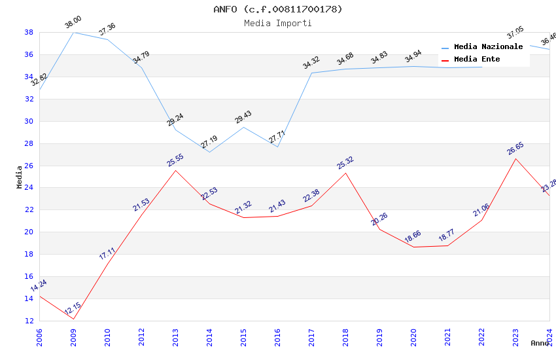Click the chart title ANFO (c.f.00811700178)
tap(278, 9)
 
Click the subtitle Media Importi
tap(278, 23)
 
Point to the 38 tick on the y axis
tap(29, 32)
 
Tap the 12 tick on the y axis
tap(29, 321)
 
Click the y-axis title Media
tap(20, 177)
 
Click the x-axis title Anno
tap(540, 343)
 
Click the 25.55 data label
tap(175, 160)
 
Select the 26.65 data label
tap(515, 148)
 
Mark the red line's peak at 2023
tap(515, 158)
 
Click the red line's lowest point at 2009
tap(73, 319)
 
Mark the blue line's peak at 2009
tap(73, 32)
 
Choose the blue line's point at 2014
tap(209, 153)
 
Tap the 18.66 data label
tap(413, 237)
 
